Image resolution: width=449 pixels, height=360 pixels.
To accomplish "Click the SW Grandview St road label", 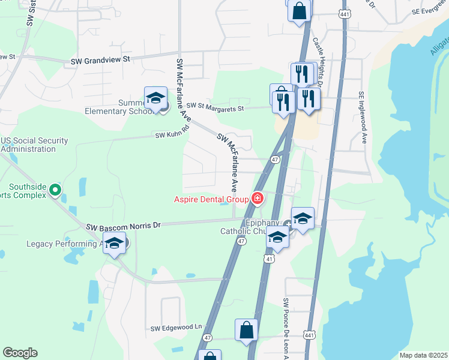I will point(100,60).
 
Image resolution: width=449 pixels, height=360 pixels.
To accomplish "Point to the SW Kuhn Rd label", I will point(172,135).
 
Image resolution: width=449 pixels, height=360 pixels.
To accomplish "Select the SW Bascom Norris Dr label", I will point(124,226).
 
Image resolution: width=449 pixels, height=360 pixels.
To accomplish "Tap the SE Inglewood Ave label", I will point(362,118).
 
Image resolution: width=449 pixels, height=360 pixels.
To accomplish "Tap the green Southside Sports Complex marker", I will point(55,190).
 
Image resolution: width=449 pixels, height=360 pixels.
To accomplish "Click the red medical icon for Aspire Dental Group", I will point(258,199).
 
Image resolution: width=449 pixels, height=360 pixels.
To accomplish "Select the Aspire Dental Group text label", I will point(211,199).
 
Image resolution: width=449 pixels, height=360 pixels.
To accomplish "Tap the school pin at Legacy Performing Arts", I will point(115,244).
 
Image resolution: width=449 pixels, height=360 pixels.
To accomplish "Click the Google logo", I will point(20,353).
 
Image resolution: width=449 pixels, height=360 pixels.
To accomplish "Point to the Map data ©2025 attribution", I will point(423,355).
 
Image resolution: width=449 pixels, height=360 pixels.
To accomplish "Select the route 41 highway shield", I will point(270,258).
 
